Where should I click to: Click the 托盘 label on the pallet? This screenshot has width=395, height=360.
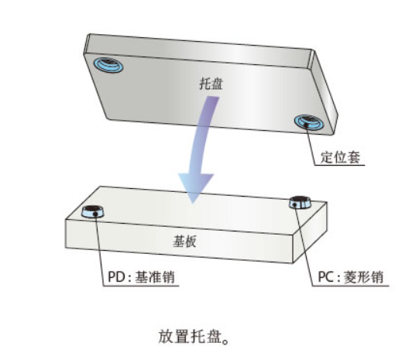coord(211,83)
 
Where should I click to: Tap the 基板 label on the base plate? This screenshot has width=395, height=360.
coord(184,241)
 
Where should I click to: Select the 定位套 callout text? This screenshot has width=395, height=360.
coord(340,156)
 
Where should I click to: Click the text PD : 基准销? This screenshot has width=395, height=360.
coord(141,276)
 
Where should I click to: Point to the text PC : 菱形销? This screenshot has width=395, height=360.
coord(351,277)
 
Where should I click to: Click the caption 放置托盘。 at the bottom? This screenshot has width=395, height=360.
coord(194,336)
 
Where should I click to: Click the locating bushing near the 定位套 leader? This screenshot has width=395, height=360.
coord(309,122)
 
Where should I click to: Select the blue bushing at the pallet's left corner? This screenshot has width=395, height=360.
coord(108,64)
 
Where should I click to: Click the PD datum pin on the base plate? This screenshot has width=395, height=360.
coord(93,211)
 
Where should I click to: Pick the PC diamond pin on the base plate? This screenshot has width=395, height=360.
coord(300,202)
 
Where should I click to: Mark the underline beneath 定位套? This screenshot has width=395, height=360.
coord(339,165)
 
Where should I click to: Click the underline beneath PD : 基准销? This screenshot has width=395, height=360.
coord(141,286)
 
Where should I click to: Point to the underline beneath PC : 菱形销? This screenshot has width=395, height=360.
coord(351,286)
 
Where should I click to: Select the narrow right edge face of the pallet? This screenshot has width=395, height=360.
coord(323,91)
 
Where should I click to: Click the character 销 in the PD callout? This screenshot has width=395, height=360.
coord(168,276)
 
